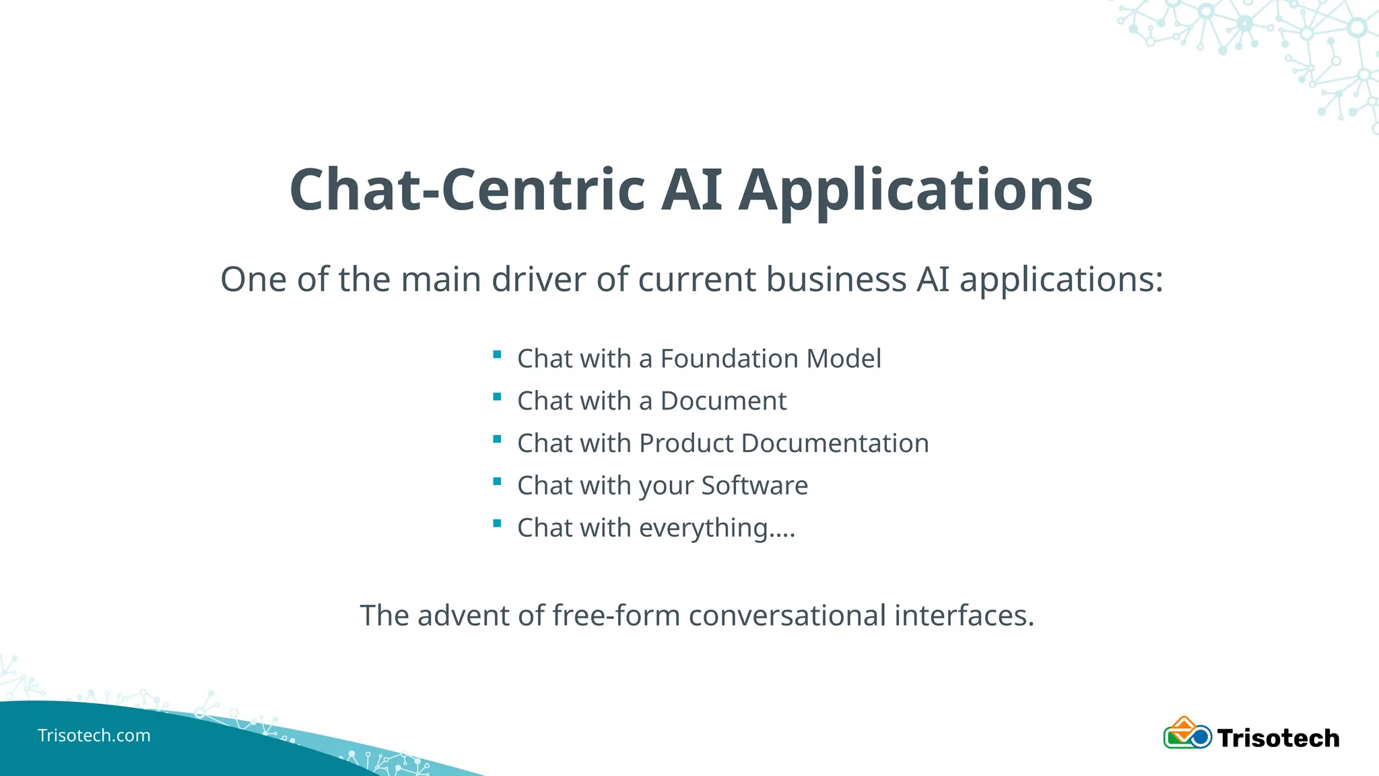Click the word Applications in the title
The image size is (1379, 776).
(x=915, y=191)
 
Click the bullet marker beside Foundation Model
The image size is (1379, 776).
(x=497, y=355)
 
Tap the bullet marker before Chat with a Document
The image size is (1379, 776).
(x=497, y=397)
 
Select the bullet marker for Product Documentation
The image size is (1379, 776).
(x=497, y=439)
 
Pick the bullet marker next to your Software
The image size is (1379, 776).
(x=497, y=482)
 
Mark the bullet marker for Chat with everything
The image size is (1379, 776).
(x=497, y=523)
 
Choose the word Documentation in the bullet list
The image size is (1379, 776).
(x=835, y=443)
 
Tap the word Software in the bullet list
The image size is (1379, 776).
(x=754, y=486)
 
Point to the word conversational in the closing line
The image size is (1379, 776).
(x=787, y=616)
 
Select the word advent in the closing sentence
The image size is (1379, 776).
(x=463, y=616)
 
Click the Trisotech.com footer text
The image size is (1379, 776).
(x=94, y=736)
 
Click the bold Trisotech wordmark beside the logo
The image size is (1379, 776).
(x=1278, y=738)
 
